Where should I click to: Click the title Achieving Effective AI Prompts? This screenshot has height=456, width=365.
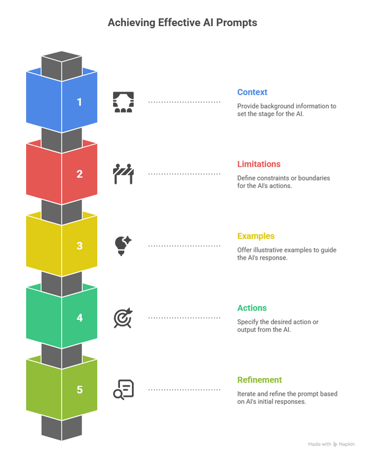(x=182, y=22)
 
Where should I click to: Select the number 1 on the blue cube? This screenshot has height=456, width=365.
(x=79, y=102)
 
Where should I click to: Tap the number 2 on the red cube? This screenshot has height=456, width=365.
(x=80, y=174)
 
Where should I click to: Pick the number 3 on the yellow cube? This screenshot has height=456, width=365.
(x=80, y=246)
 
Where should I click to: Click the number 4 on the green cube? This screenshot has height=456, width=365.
(x=80, y=317)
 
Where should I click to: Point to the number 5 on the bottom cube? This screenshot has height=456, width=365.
(x=80, y=390)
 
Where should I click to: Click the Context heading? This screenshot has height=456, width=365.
(x=252, y=92)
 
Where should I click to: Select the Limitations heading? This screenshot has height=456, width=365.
(x=259, y=164)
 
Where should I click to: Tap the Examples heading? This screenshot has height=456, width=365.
(x=256, y=236)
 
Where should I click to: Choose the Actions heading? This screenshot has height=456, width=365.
(x=252, y=308)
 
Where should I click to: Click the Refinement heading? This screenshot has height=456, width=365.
(x=259, y=380)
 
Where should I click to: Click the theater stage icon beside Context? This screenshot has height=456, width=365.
(x=123, y=102)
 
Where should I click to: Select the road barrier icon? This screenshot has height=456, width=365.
(x=123, y=174)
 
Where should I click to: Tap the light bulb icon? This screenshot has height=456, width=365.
(x=123, y=246)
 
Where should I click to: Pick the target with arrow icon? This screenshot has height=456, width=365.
(x=123, y=318)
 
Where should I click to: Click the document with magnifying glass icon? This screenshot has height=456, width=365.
(x=123, y=390)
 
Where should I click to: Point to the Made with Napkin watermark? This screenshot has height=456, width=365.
(x=331, y=444)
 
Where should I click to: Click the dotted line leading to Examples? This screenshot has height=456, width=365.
(x=184, y=246)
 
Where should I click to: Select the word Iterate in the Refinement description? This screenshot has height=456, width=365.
(x=246, y=394)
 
